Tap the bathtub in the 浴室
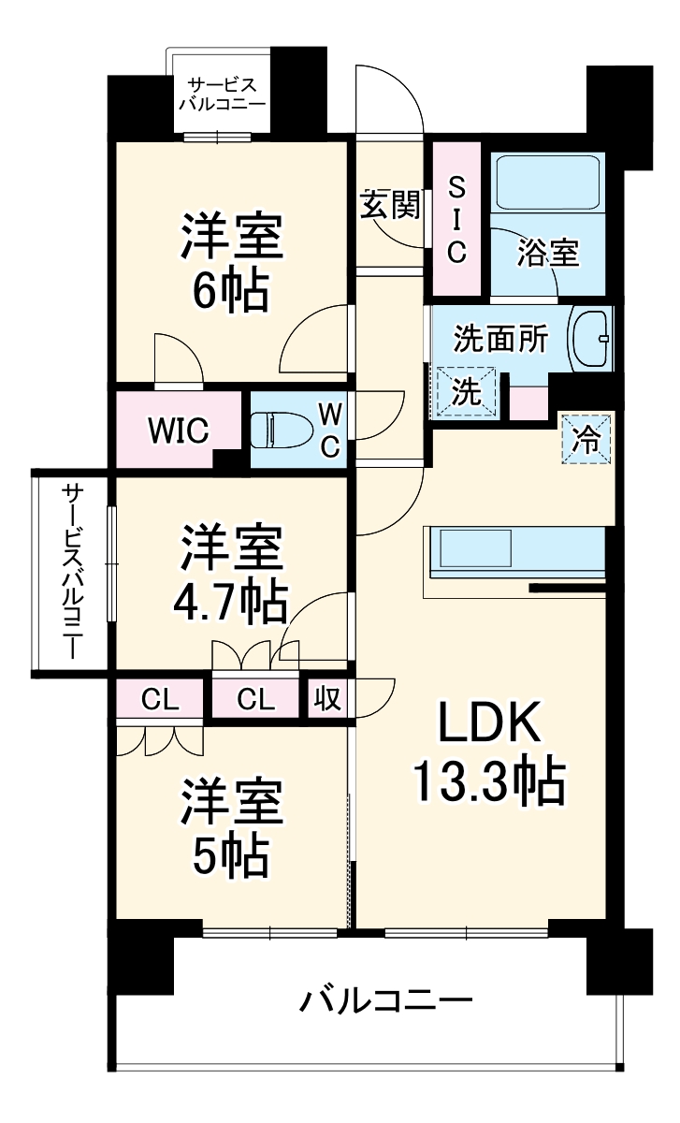pyautogui.click(x=548, y=182)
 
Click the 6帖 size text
pyautogui.click(x=230, y=293)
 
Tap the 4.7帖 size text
pyautogui.click(x=229, y=604)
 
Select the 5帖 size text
pyautogui.click(x=230, y=853)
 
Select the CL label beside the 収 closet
pyautogui.click(x=254, y=699)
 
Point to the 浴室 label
pyautogui.click(x=548, y=253)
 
